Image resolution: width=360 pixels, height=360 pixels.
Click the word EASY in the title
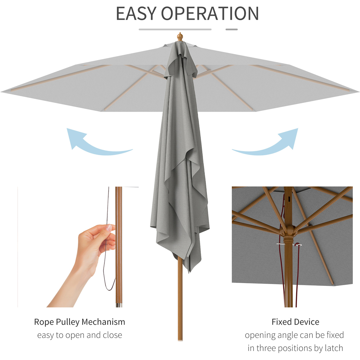[136, 13]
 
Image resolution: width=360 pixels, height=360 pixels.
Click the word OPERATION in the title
[210, 13]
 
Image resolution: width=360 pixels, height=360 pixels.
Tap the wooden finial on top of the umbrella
[180, 37]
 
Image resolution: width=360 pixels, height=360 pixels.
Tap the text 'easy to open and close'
[80, 335]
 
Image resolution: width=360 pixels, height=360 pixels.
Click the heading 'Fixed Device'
[295, 321]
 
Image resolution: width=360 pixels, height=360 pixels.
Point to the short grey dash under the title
[231, 29]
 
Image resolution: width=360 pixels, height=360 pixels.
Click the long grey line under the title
[175, 29]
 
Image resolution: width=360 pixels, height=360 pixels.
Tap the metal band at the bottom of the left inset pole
[118, 305]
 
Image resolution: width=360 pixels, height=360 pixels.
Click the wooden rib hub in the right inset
[288, 234]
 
